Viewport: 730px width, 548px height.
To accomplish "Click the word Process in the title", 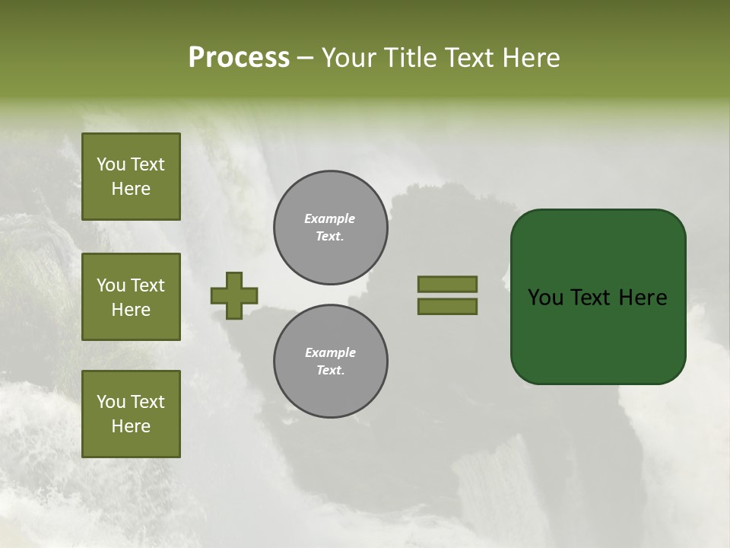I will click(239, 58).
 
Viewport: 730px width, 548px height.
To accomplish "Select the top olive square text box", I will click(131, 177).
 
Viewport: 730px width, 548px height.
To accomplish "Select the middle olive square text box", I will click(131, 297).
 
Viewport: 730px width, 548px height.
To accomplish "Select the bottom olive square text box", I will click(131, 414).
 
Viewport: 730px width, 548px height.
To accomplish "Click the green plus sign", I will click(234, 296).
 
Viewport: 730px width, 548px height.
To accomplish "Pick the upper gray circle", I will click(330, 228).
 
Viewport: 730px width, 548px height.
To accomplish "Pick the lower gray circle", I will click(330, 362).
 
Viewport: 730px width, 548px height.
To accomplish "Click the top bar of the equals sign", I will click(447, 285).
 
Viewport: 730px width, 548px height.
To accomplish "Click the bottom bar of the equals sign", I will click(447, 307).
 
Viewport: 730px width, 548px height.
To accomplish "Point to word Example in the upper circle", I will click(329, 218).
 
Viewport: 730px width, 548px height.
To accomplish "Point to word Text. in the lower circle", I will click(330, 371).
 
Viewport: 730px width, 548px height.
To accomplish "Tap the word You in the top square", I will click(111, 164).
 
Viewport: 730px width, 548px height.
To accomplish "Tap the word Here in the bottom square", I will click(131, 426).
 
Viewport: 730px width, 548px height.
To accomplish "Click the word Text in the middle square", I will click(147, 285).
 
